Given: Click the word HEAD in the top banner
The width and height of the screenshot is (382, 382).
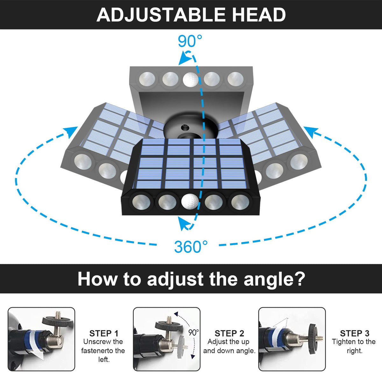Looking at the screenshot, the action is (x=259, y=15).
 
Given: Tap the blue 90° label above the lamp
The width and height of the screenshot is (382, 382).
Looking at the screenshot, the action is (x=190, y=41).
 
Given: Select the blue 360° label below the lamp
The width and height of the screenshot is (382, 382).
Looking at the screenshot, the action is (x=191, y=247).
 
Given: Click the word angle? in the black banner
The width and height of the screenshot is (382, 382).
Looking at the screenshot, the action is (x=274, y=279).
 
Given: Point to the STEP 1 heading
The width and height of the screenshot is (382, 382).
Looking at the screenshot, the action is (x=104, y=333).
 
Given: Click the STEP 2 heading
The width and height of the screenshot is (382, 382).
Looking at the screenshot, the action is (x=229, y=333).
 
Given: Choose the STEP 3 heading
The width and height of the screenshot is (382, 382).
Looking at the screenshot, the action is (x=355, y=333).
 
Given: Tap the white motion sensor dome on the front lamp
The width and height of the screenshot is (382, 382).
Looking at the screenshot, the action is (x=190, y=202).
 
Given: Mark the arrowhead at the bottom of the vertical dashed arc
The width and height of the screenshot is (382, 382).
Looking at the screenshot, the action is (x=183, y=223).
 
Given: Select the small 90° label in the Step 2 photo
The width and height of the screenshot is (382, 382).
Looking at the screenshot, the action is (x=193, y=333).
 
